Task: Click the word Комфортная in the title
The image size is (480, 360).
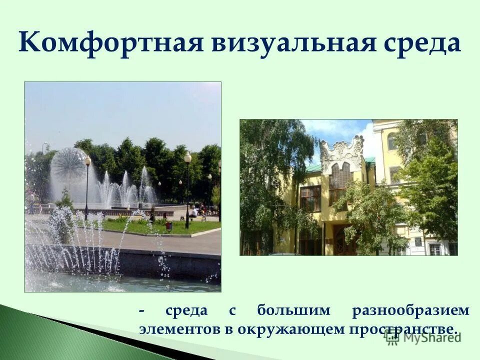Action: point(110,43)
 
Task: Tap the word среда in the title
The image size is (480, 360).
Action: point(422,43)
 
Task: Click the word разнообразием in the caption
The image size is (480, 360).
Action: point(410,310)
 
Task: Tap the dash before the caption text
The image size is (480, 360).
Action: point(142,310)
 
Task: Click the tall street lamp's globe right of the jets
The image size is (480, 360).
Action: point(187,158)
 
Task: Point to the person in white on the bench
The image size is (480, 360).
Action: point(193,211)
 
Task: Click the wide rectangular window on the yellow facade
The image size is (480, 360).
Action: point(310,198)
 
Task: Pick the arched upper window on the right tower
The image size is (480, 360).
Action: point(391,141)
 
